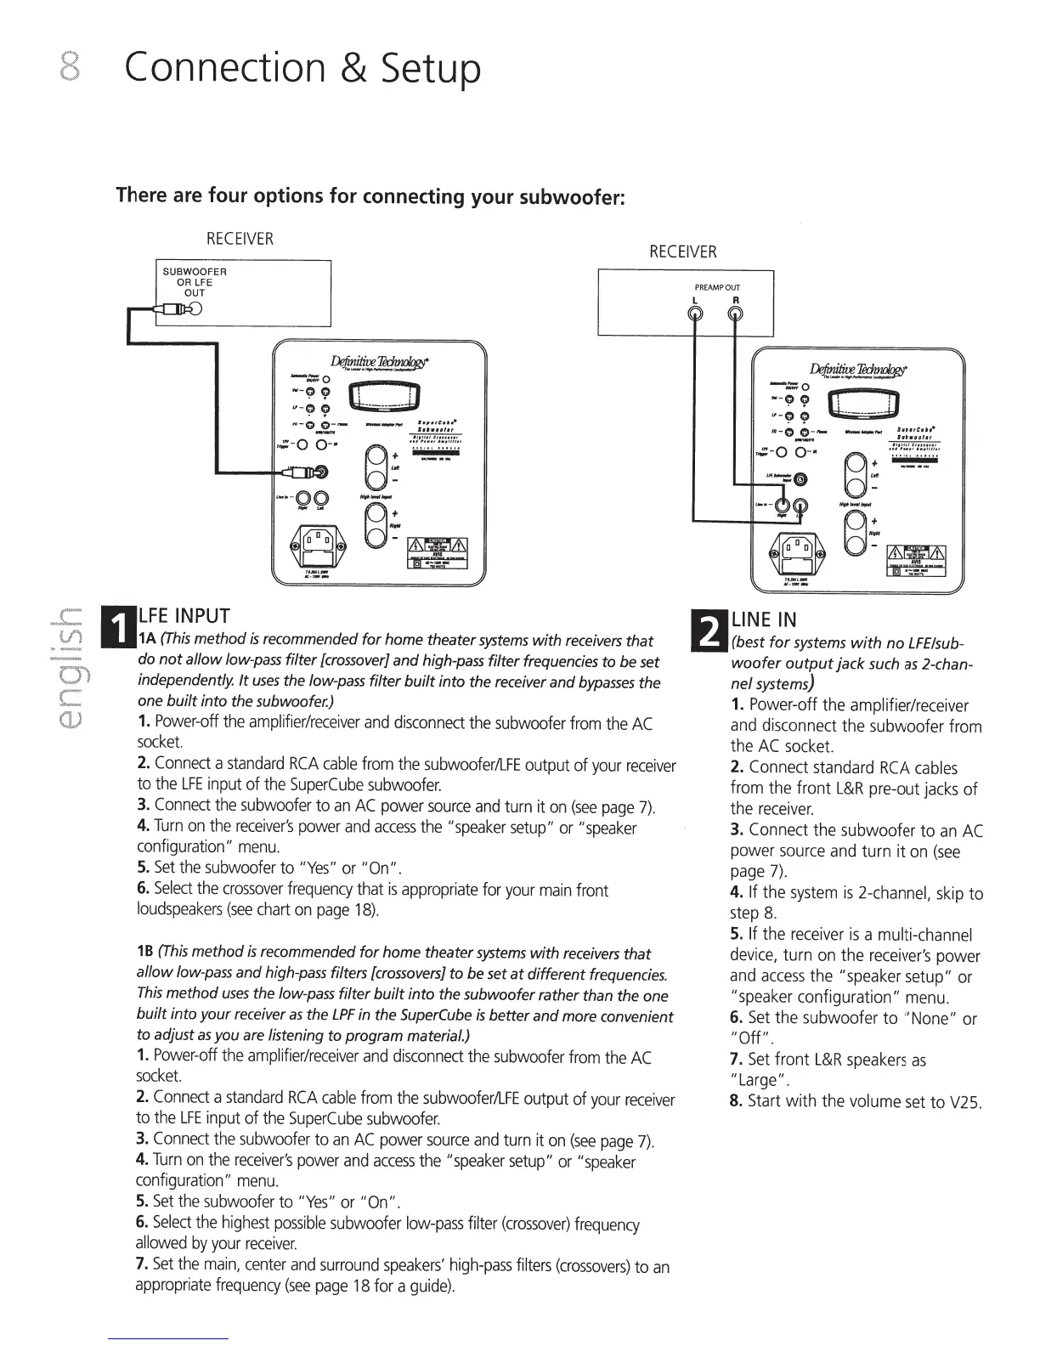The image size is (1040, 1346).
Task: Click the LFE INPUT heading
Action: click(x=184, y=614)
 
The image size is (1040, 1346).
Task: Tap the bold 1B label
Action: click(x=144, y=953)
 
